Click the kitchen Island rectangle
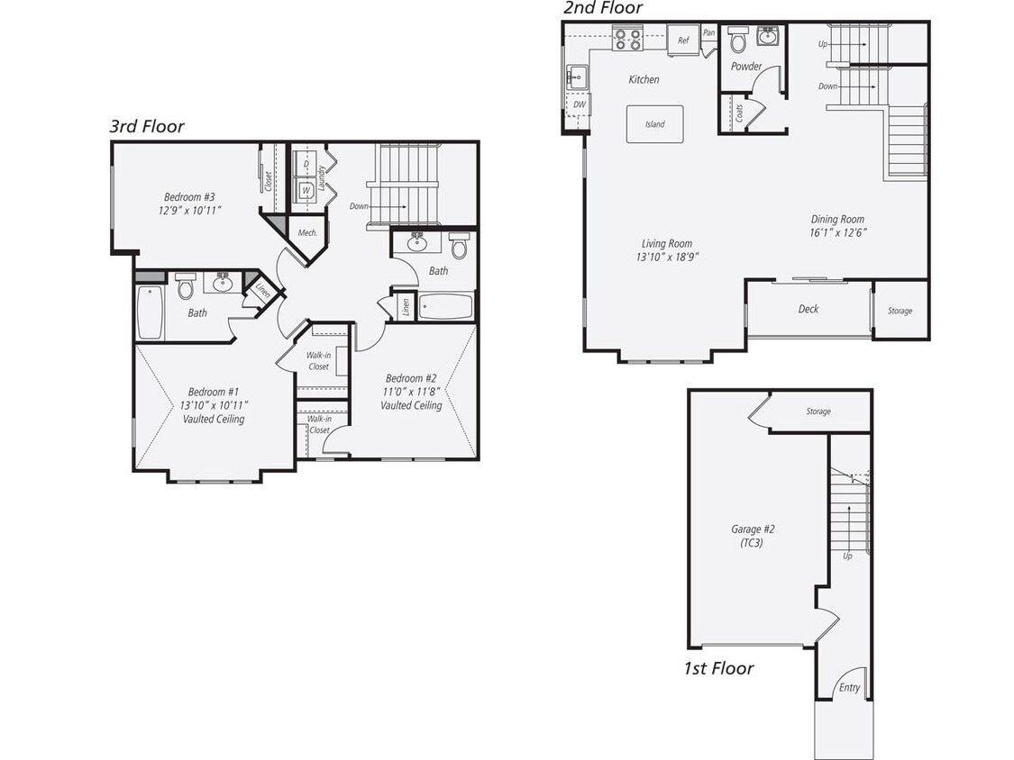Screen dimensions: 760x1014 pyautogui.click(x=654, y=124)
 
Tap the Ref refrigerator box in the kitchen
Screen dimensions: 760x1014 pyautogui.click(x=683, y=41)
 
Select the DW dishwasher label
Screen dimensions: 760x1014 pyautogui.click(x=578, y=104)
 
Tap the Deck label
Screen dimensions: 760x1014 pyautogui.click(x=808, y=309)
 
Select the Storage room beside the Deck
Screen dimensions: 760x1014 pyautogui.click(x=900, y=311)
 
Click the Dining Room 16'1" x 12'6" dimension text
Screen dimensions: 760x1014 pyautogui.click(x=838, y=231)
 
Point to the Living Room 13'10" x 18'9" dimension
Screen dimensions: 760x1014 pyautogui.click(x=667, y=257)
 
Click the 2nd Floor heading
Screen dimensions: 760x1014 pyautogui.click(x=603, y=8)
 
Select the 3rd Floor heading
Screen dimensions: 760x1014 pyautogui.click(x=147, y=126)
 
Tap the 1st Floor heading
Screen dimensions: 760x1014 pyautogui.click(x=717, y=668)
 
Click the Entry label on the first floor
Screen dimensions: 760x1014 pyautogui.click(x=849, y=688)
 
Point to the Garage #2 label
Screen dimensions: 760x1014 pyautogui.click(x=753, y=529)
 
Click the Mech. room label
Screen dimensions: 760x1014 pyautogui.click(x=306, y=233)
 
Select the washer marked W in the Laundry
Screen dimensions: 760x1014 pyautogui.click(x=306, y=190)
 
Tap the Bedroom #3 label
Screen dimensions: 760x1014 pyautogui.click(x=189, y=197)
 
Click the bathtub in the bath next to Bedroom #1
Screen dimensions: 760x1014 pyautogui.click(x=150, y=312)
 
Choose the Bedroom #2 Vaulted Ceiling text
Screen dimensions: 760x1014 pyautogui.click(x=411, y=405)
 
